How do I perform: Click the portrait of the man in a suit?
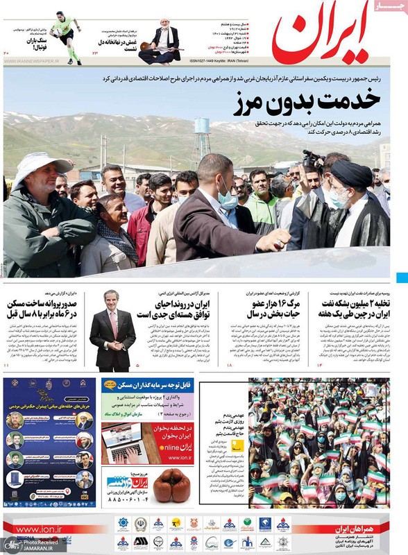click(x=113, y=329)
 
